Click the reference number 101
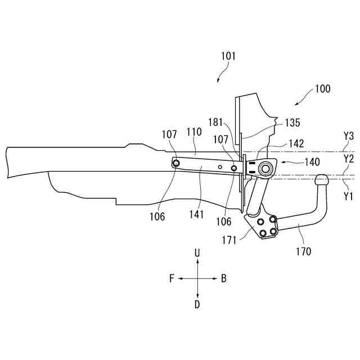point(228,56)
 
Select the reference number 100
point(322,88)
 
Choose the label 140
point(312,162)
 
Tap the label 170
point(303,251)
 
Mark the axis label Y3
point(349,136)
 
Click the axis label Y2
point(349,159)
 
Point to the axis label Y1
point(349,196)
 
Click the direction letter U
point(197,254)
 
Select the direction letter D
point(197,304)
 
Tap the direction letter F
point(172,278)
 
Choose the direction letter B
point(223,278)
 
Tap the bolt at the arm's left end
point(177,163)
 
